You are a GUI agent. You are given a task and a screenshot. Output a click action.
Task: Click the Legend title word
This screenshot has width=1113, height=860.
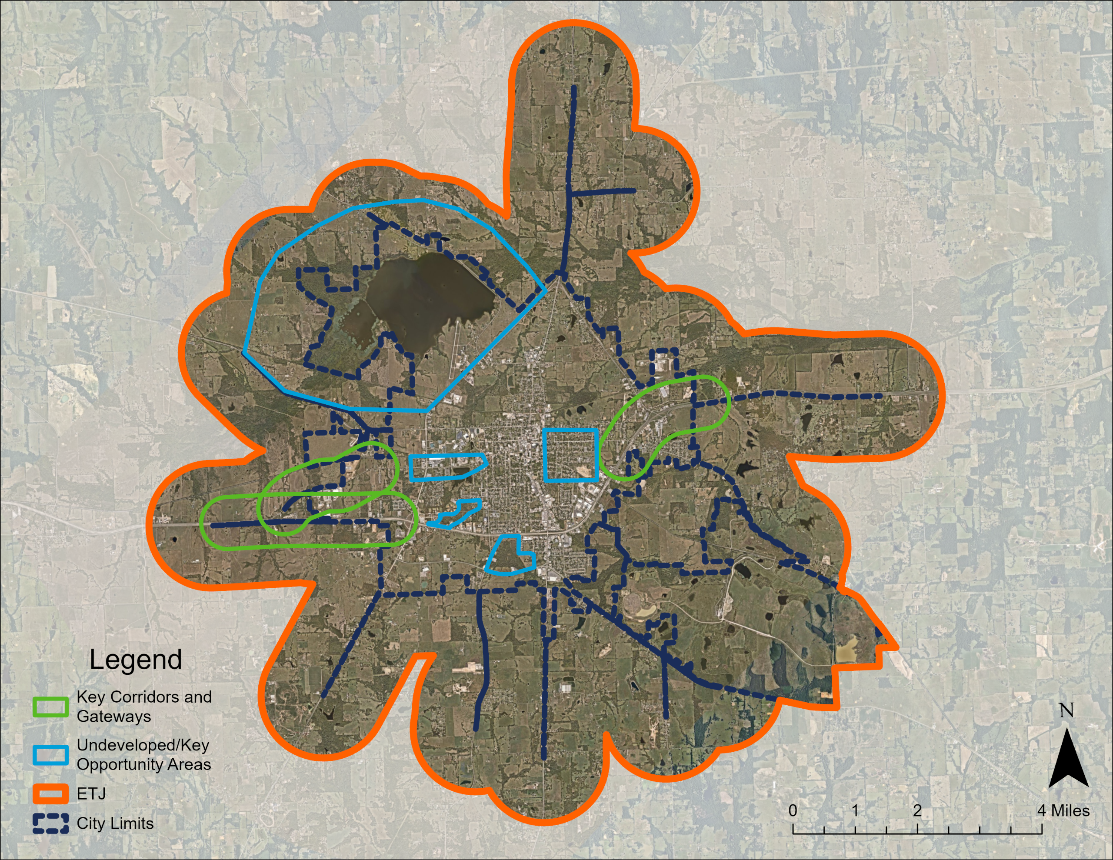(136, 660)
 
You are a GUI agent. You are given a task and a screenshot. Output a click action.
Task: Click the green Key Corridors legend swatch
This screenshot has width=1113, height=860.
(50, 707)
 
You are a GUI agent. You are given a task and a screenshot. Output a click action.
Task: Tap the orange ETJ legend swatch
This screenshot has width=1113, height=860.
(50, 794)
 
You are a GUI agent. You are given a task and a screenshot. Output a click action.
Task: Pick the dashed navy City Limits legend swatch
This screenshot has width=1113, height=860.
(50, 823)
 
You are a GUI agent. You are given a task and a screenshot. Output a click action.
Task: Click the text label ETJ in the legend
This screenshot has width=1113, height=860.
(91, 794)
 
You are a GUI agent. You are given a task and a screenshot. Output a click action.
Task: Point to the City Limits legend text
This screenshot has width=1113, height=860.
(115, 823)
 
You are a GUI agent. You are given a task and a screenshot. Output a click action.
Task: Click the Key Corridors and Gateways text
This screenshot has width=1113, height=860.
(144, 707)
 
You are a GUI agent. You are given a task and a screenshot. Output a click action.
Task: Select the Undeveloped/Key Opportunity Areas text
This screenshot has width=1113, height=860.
(144, 754)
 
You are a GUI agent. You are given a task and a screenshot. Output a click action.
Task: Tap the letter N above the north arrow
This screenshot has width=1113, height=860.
(1066, 710)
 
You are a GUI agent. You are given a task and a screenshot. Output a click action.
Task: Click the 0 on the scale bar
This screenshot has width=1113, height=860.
(793, 810)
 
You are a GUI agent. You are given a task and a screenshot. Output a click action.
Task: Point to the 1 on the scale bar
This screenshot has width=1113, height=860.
(855, 810)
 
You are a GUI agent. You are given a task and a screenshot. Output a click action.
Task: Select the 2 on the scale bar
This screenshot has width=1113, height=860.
(917, 810)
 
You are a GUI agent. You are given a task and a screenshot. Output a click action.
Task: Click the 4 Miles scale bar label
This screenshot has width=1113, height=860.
(1064, 810)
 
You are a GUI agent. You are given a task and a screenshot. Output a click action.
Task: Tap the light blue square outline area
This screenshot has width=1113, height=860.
(571, 455)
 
